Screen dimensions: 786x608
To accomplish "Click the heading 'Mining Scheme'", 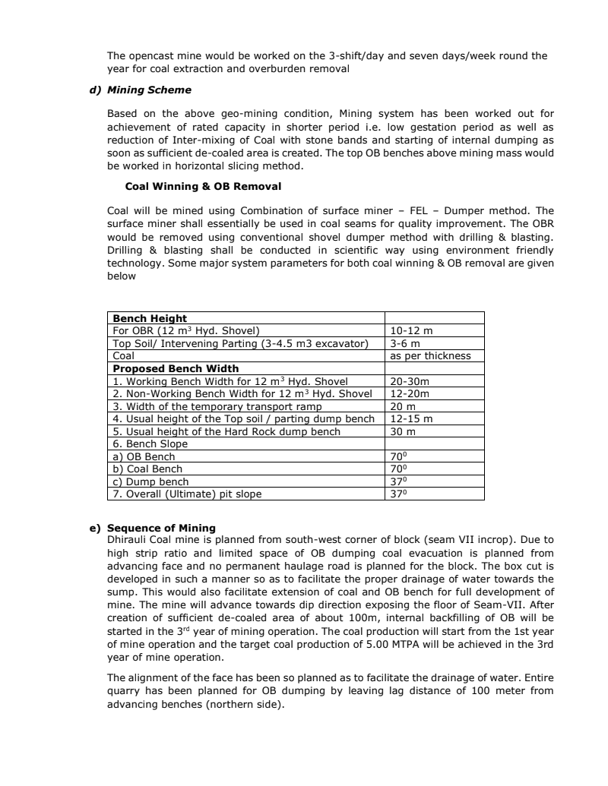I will click(149, 90).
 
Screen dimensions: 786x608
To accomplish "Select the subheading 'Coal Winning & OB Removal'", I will click(192, 186).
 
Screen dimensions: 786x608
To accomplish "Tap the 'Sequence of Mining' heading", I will click(161, 528).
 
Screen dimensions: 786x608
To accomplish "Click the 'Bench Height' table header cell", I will click(150, 318).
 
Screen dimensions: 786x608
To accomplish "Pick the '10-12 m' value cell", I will click(411, 330).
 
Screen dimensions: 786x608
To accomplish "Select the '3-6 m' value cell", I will click(404, 343).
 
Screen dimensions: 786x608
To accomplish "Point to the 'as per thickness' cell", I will click(430, 355).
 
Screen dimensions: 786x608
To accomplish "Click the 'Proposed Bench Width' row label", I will click(176, 368).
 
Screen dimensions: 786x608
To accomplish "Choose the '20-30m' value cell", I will click(410, 381).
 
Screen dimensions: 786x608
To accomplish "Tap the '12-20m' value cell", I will click(410, 393).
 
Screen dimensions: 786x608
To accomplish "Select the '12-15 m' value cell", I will click(411, 418).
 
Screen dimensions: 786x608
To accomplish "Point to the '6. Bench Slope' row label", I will click(150, 444).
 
